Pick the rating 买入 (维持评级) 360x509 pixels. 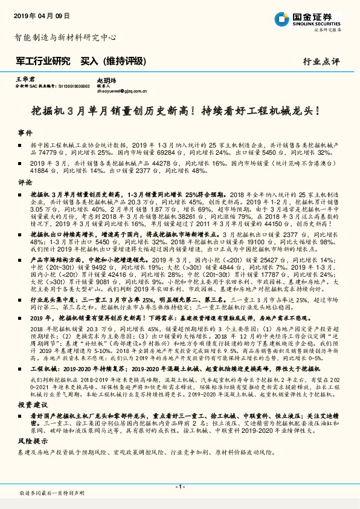(114, 60)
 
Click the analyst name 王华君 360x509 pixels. (22, 79)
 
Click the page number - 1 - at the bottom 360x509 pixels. (179, 487)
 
